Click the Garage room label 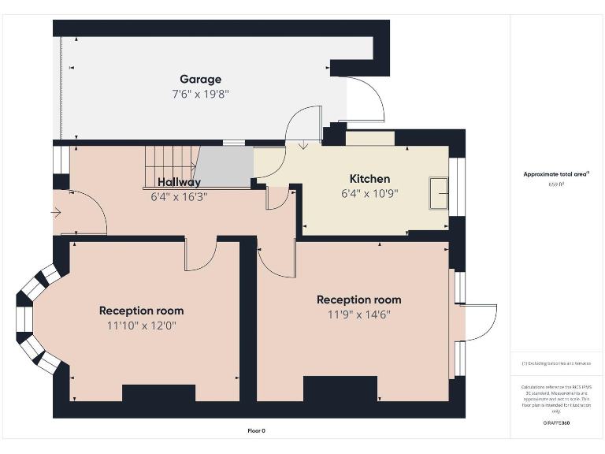point(200,79)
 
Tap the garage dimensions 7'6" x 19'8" point(200,93)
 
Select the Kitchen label point(369,179)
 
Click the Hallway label point(179,183)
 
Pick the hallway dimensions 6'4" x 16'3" point(179,197)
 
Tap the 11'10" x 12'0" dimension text point(141,325)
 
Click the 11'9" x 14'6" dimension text point(358,314)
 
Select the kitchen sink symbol point(438,194)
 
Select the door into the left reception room point(200,254)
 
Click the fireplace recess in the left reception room point(158,393)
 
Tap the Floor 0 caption point(257,430)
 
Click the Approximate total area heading point(556,174)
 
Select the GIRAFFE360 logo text point(556,423)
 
